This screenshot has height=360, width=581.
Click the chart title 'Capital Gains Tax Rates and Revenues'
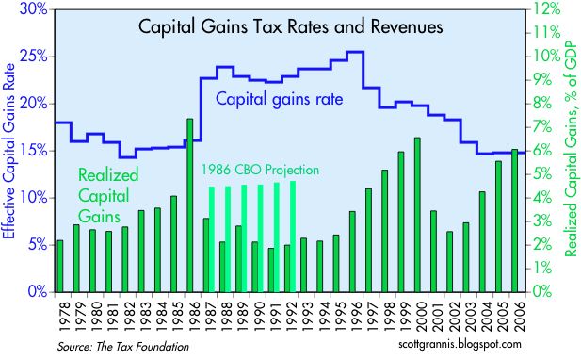(x=290, y=26)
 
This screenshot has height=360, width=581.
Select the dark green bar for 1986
(x=189, y=205)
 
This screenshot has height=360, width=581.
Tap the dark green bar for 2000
(x=417, y=215)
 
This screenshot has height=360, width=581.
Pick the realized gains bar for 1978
(x=59, y=266)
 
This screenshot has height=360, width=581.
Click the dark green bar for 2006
(x=515, y=221)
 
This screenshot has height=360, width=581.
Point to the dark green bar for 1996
(x=352, y=252)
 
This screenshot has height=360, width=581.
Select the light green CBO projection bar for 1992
(x=293, y=237)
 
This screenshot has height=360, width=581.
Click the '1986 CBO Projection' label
(x=260, y=170)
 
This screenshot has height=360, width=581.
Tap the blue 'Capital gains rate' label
(x=280, y=99)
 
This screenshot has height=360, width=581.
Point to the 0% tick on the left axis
(x=39, y=292)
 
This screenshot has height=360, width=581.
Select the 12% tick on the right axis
(x=546, y=8)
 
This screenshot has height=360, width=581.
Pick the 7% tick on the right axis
(x=542, y=127)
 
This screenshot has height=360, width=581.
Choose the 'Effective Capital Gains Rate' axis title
(x=8, y=152)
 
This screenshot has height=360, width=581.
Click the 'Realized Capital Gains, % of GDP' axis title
(x=572, y=148)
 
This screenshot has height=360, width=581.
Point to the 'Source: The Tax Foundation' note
(x=122, y=347)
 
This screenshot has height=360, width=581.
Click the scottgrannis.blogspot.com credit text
(x=460, y=344)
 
